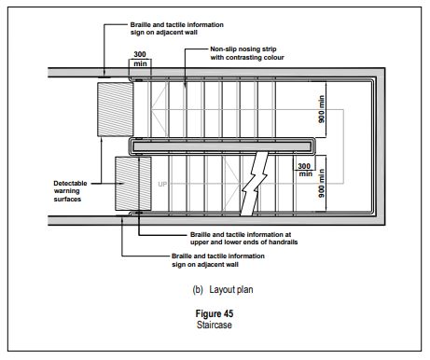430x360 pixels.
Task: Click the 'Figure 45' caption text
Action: pos(215,313)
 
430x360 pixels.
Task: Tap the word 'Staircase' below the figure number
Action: pos(215,325)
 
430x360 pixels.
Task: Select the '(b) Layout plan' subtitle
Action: pos(223,290)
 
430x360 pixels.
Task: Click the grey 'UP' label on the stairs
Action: pos(162,185)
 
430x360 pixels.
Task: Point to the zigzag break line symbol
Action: pos(255,184)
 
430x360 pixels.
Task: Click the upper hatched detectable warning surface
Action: pos(116,109)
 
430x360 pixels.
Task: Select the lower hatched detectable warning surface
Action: pos(133,184)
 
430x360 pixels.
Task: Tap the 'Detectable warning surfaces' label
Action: pos(70,191)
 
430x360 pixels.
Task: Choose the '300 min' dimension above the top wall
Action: pos(140,59)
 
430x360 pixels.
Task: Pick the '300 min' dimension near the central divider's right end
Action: pos(305,170)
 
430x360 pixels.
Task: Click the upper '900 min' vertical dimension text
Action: pos(322,109)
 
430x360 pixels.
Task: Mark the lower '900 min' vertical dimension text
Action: pos(322,183)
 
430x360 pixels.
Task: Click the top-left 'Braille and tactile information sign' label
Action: pos(176,28)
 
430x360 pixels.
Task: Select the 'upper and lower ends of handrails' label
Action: pos(243,242)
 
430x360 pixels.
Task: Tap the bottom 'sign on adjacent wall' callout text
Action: pos(205,265)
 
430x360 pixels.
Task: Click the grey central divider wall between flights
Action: pos(222,146)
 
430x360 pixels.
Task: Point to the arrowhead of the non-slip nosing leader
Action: pos(186,86)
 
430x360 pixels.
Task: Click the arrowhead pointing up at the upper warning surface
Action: pos(103,140)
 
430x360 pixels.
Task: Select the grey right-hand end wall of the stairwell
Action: pos(381,146)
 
